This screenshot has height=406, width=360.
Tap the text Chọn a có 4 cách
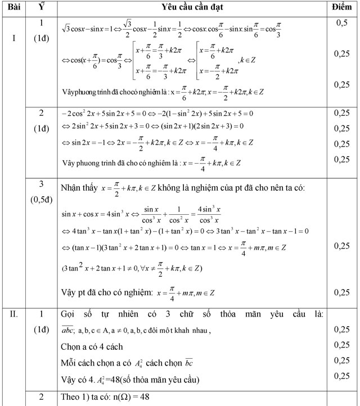tap(91, 346)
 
